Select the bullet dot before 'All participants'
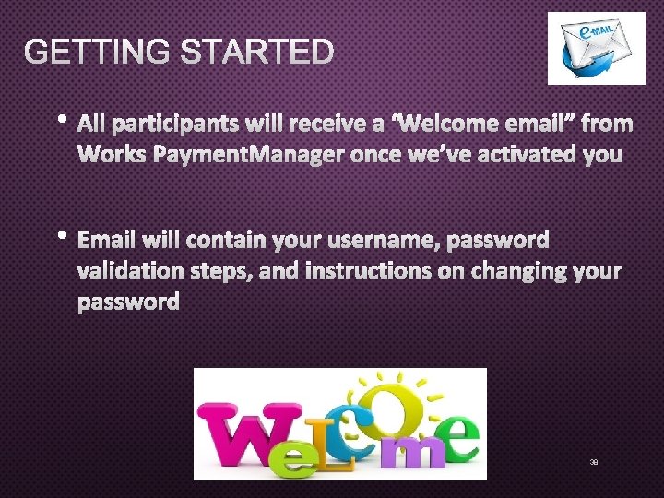(62, 119)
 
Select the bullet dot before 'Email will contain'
(62, 236)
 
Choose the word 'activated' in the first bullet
(525, 153)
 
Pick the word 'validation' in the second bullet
(135, 271)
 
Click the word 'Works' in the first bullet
(112, 153)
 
